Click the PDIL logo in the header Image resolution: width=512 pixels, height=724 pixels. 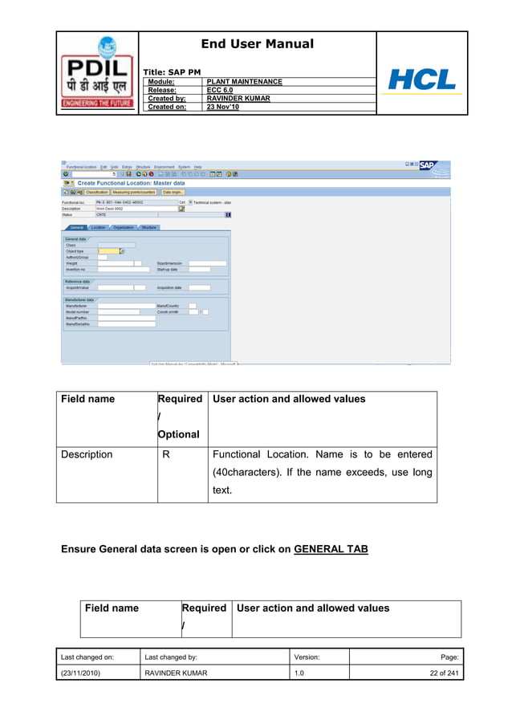pos(97,74)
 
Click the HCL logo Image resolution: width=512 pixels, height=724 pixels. pos(421,79)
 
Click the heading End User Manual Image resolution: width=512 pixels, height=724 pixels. pos(257,44)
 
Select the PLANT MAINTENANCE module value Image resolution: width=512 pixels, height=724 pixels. pos(244,82)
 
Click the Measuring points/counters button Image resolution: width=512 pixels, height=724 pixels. pos(134,193)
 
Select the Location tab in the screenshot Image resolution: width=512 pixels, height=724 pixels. pos(99,227)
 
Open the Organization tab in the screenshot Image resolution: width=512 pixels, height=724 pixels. pos(124,227)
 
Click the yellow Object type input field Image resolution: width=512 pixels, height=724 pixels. pos(108,251)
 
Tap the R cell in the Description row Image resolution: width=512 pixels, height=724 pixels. pos(165,454)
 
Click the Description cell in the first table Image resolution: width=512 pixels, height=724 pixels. pos(87,454)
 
